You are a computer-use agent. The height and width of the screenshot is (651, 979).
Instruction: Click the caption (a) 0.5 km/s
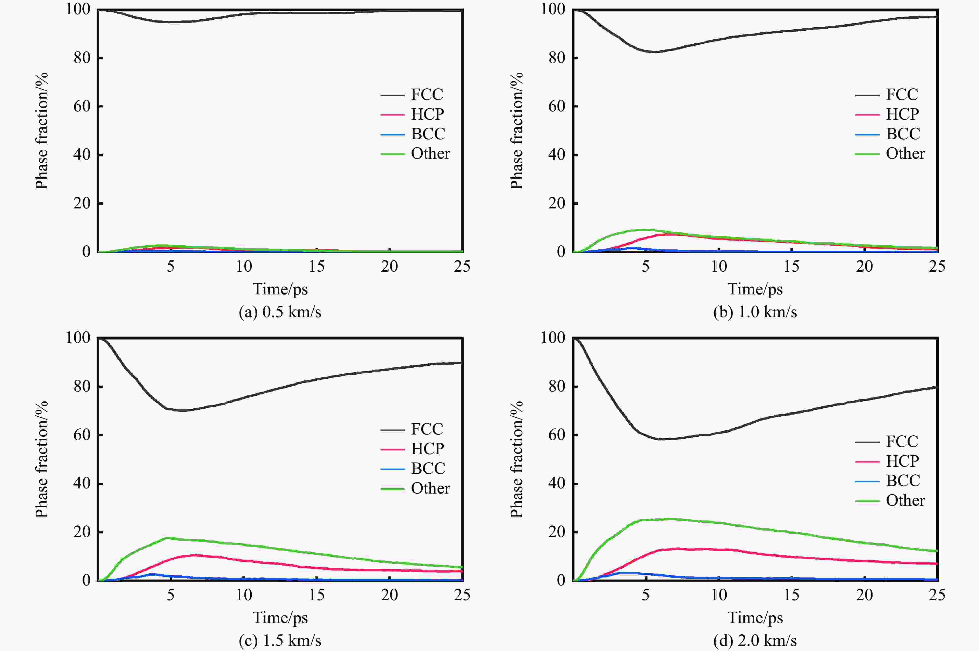[x=280, y=312]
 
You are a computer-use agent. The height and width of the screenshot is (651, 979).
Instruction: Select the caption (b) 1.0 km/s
[x=755, y=312]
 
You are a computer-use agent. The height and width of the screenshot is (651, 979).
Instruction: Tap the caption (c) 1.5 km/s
[x=280, y=640]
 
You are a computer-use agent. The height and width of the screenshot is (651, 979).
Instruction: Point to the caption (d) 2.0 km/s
[x=755, y=640]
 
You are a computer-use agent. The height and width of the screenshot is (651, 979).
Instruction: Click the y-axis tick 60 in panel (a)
[x=82, y=106]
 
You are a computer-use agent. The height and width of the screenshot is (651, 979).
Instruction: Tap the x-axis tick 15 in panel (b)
[x=791, y=266]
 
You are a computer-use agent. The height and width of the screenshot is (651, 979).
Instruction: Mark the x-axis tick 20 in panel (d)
[x=865, y=595]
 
